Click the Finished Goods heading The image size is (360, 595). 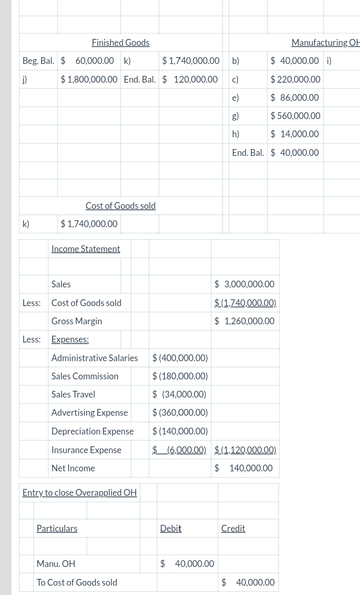click(x=121, y=43)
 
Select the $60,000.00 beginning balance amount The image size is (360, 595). click(x=87, y=61)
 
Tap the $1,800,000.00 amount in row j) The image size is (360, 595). click(x=89, y=80)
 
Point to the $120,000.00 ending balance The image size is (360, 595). click(x=190, y=80)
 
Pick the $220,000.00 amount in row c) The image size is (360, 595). click(x=295, y=80)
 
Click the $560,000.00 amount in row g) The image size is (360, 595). click(x=295, y=116)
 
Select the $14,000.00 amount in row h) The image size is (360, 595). click(x=295, y=134)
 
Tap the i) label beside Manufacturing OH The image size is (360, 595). click(x=329, y=61)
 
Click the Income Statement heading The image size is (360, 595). click(x=86, y=249)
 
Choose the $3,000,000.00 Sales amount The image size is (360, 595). click(x=244, y=284)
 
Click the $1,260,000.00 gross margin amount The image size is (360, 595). click(x=244, y=321)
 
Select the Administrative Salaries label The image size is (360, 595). click(x=95, y=358)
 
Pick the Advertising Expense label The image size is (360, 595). click(x=89, y=413)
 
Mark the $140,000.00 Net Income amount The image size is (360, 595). click(x=244, y=468)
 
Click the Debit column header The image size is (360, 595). click(x=170, y=528)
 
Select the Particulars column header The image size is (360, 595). click(x=57, y=528)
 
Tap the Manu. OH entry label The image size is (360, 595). click(x=56, y=564)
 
